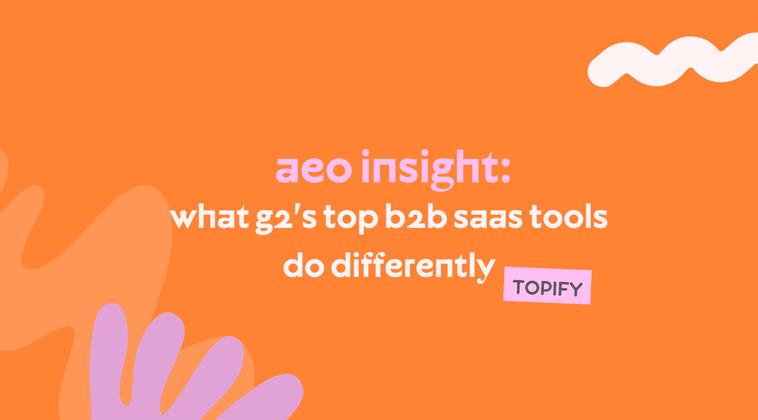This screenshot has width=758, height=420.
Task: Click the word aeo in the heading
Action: click(x=314, y=170)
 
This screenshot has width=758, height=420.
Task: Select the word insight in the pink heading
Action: click(x=430, y=170)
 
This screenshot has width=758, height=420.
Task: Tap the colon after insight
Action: click(x=505, y=170)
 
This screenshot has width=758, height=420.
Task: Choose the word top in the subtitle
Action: click(x=350, y=219)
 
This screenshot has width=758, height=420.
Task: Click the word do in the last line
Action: click(x=304, y=266)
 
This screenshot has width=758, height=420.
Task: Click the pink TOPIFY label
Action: click(x=547, y=286)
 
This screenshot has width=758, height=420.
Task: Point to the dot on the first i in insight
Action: click(x=365, y=153)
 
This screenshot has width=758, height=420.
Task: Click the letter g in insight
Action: click(x=441, y=174)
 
